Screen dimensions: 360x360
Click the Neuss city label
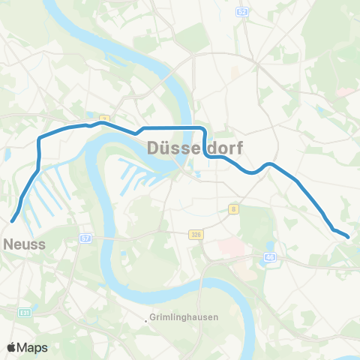coord(25,244)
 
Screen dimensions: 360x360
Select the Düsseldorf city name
coord(194,148)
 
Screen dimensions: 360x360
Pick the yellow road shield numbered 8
coord(234,209)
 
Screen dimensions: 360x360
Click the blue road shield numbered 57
coord(85,238)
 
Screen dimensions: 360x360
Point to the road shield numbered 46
coord(270,258)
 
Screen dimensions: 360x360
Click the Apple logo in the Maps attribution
coord(13,347)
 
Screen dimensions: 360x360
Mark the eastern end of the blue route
coord(348,237)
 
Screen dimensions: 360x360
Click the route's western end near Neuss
coord(13,220)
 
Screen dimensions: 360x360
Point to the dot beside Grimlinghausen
coord(146,322)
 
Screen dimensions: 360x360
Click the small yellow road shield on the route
coord(105,118)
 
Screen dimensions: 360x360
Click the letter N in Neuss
coord(9,244)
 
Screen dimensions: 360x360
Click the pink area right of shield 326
coord(229,247)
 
